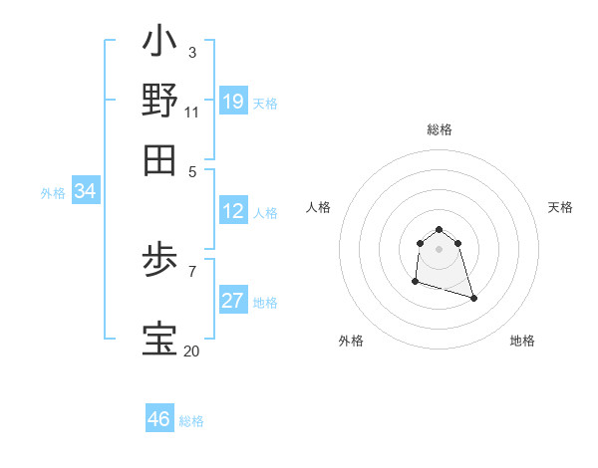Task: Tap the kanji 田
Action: (x=159, y=159)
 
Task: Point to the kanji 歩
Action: (x=159, y=264)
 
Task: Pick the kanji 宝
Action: (x=159, y=340)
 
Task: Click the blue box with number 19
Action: (x=233, y=102)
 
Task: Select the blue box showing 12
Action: (x=233, y=211)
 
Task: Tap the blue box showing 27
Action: (x=233, y=301)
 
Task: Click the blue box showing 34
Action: (x=85, y=192)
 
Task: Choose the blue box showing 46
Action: (x=159, y=419)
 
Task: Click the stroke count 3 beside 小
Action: (x=191, y=52)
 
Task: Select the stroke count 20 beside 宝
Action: (x=191, y=351)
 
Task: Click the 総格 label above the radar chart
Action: (x=439, y=130)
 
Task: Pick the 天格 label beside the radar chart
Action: (x=560, y=207)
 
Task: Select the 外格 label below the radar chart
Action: (x=351, y=341)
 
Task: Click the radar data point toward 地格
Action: (x=473, y=298)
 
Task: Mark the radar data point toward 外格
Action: (x=415, y=282)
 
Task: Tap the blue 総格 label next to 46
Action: (x=191, y=421)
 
